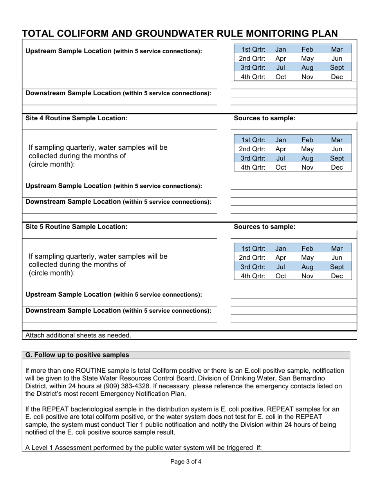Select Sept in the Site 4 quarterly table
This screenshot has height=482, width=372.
(x=337, y=158)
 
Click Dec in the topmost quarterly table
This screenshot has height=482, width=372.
(x=337, y=77)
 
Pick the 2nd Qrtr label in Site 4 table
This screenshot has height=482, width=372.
(x=252, y=149)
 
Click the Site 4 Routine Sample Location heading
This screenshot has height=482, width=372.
(x=76, y=118)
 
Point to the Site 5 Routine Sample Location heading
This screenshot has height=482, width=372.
(x=76, y=227)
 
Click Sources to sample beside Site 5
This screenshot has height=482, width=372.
(x=264, y=227)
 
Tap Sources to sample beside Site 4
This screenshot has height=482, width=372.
(x=264, y=118)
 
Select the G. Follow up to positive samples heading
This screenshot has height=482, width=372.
(x=77, y=355)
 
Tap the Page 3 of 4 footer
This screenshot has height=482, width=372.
(x=186, y=462)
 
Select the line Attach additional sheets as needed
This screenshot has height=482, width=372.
(x=78, y=335)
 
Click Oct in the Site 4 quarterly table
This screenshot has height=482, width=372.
(x=281, y=168)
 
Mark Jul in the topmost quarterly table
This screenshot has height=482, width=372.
(x=281, y=68)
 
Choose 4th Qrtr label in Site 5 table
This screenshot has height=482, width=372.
(x=252, y=276)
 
